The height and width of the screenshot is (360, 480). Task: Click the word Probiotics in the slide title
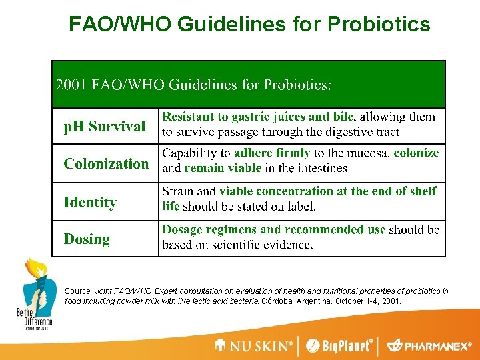(378, 25)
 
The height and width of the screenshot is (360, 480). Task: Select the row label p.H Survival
(104, 126)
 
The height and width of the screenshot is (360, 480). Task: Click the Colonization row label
(106, 164)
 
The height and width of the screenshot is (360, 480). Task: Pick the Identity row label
(90, 202)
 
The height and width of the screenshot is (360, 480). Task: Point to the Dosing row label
(87, 239)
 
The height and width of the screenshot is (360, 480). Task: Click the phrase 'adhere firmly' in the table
(272, 153)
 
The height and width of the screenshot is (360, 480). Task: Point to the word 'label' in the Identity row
(299, 206)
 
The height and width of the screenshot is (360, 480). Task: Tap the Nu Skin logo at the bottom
(254, 345)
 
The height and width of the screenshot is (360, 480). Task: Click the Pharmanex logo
(429, 345)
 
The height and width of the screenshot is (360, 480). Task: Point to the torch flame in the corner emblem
(31, 267)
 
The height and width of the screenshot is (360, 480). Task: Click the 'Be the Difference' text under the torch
(33, 316)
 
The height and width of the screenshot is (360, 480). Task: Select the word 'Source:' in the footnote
(79, 291)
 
